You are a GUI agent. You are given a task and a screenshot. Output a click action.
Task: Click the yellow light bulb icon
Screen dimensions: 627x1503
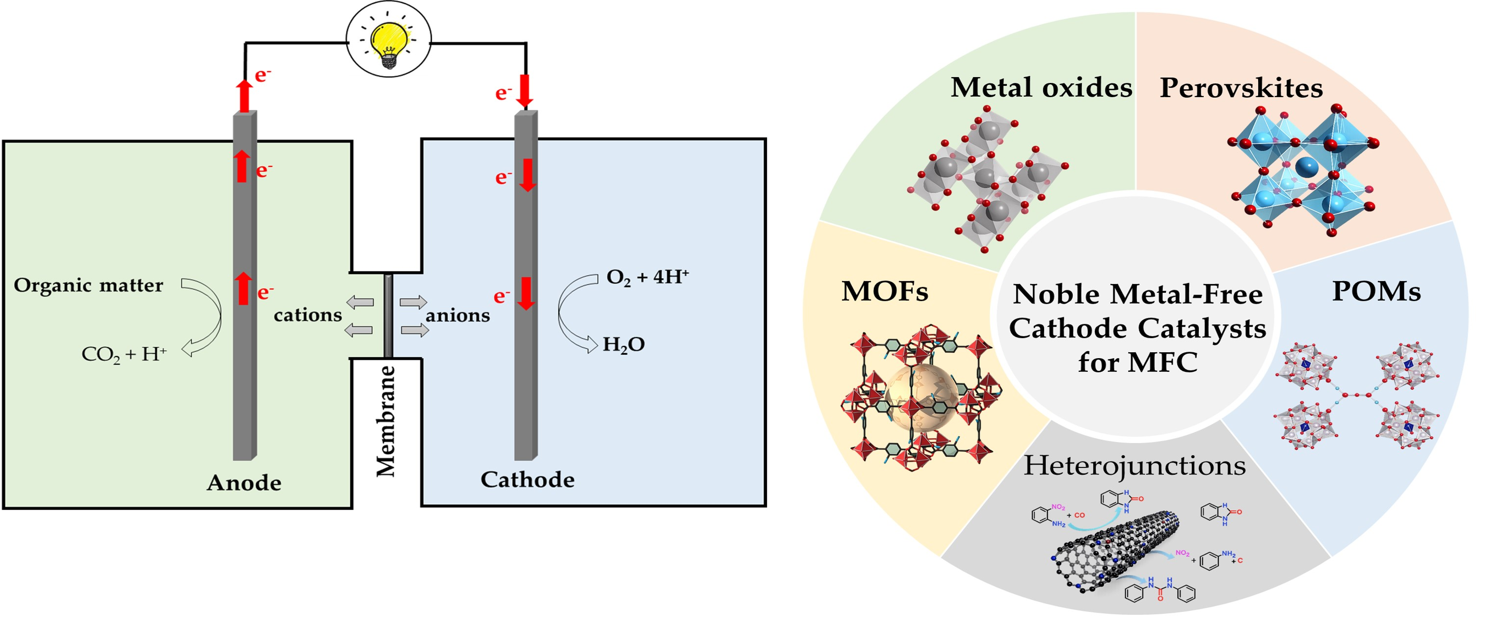pyautogui.click(x=389, y=40)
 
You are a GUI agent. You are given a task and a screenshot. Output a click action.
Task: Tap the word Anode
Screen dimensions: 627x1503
pyautogui.click(x=244, y=483)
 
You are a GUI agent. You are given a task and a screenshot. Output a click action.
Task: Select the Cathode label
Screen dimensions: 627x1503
pyautogui.click(x=527, y=479)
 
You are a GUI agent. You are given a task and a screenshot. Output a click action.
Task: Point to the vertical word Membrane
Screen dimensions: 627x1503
pyautogui.click(x=386, y=421)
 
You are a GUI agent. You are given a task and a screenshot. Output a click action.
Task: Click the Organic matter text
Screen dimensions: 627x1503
pyautogui.click(x=88, y=285)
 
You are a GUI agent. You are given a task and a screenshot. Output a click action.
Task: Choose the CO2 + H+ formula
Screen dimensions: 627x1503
pyautogui.click(x=124, y=354)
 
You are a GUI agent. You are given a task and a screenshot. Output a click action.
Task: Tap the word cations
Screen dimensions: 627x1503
pyautogui.click(x=308, y=315)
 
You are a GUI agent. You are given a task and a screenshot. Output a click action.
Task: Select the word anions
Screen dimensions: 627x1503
pyautogui.click(x=457, y=315)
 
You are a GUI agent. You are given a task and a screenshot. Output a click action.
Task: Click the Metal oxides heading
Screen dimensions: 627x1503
pyautogui.click(x=1041, y=87)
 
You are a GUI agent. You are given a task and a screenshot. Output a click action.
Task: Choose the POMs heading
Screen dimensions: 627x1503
pyautogui.click(x=1376, y=291)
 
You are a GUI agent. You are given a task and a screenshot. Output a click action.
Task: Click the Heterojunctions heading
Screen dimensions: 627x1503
pyautogui.click(x=1134, y=466)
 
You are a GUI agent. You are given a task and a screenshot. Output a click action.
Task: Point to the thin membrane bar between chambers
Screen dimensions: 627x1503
pyautogui.click(x=388, y=315)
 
